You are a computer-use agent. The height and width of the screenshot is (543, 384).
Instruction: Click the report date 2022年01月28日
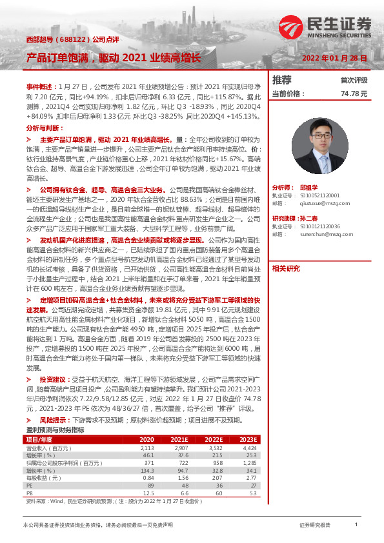tap(335, 58)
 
